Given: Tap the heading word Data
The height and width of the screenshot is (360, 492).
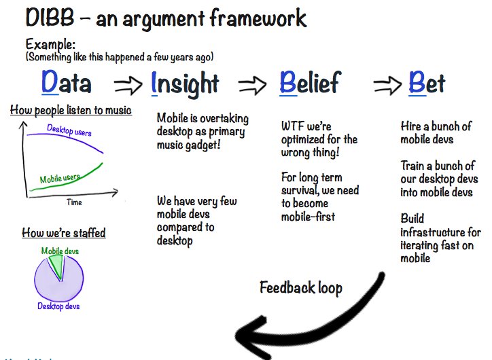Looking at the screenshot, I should [66, 84].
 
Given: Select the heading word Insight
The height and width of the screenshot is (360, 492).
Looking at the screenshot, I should [185, 84].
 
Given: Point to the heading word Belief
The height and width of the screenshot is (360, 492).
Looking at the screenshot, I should [309, 84].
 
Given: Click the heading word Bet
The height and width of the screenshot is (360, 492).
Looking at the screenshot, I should [427, 84].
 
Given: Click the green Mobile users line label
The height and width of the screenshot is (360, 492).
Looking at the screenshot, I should [59, 179].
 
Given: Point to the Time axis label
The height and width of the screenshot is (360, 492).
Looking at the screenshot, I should [74, 202].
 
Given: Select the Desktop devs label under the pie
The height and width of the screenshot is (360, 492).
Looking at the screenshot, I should [58, 307].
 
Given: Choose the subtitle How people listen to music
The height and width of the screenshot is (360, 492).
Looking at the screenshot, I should [71, 110].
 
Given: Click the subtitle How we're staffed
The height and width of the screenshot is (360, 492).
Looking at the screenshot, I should [63, 233].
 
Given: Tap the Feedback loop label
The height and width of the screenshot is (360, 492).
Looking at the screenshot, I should [300, 287].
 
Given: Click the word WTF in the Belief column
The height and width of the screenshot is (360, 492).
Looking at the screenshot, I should [293, 126].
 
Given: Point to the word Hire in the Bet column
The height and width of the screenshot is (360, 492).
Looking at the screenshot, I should [412, 127].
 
